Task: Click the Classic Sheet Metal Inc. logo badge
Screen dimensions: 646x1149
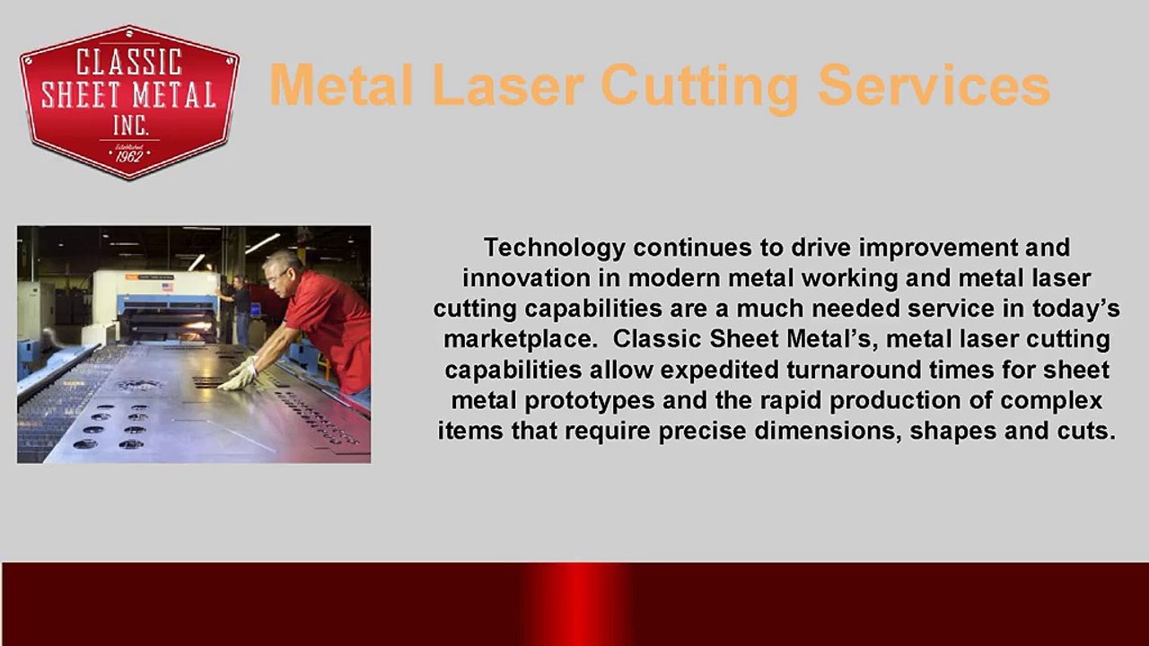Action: click(x=129, y=100)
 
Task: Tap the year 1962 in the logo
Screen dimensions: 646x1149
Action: click(x=129, y=155)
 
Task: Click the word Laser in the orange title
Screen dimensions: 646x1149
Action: click(x=508, y=86)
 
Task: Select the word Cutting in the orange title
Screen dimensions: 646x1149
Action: click(x=699, y=86)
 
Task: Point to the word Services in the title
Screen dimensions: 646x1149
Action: click(x=934, y=86)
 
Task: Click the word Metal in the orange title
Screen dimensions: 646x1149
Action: click(x=341, y=86)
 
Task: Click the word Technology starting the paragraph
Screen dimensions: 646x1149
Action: click(x=554, y=248)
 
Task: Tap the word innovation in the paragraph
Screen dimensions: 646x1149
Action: click(x=528, y=278)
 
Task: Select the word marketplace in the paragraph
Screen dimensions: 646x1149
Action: click(x=514, y=339)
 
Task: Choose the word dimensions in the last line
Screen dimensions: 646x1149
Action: click(x=828, y=431)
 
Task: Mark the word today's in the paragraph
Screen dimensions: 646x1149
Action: click(x=1074, y=309)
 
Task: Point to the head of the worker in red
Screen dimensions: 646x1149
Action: click(x=283, y=269)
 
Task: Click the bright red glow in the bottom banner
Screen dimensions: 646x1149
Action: click(x=574, y=604)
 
